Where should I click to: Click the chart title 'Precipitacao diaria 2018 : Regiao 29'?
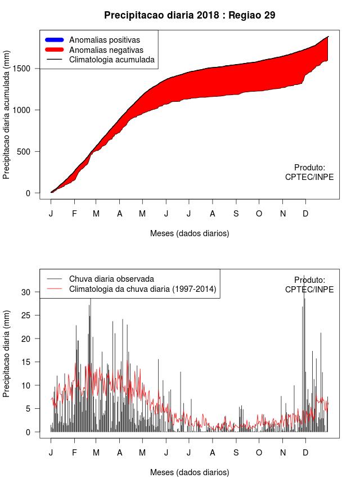coord(190,15)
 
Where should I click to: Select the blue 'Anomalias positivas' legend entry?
coord(104,40)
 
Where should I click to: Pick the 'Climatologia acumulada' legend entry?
coord(111,59)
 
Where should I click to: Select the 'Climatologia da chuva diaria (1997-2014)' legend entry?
coord(142,289)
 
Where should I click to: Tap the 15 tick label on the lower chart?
coord(34,362)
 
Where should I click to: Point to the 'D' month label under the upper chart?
coord(305,214)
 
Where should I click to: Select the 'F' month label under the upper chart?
coord(74,214)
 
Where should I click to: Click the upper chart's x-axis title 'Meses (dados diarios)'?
coord(190,233)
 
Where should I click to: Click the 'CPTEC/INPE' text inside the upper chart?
coord(309,177)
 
